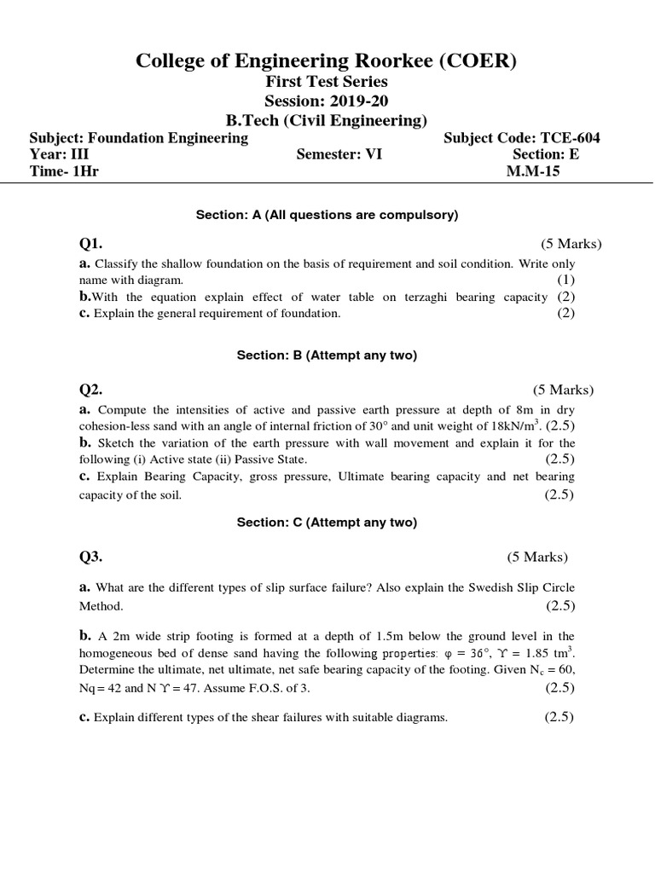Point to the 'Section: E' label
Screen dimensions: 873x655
551,154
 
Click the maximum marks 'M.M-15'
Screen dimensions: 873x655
533,171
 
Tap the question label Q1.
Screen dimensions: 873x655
91,244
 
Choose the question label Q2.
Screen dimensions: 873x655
91,390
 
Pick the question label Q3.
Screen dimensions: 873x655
91,557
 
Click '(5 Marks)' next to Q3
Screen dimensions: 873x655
536,557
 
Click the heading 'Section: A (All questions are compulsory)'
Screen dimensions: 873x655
327,216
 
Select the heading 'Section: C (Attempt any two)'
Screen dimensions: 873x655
327,523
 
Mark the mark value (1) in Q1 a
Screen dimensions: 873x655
566,280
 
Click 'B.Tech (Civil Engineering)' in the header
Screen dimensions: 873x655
327,120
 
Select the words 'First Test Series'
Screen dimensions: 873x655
327,82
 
